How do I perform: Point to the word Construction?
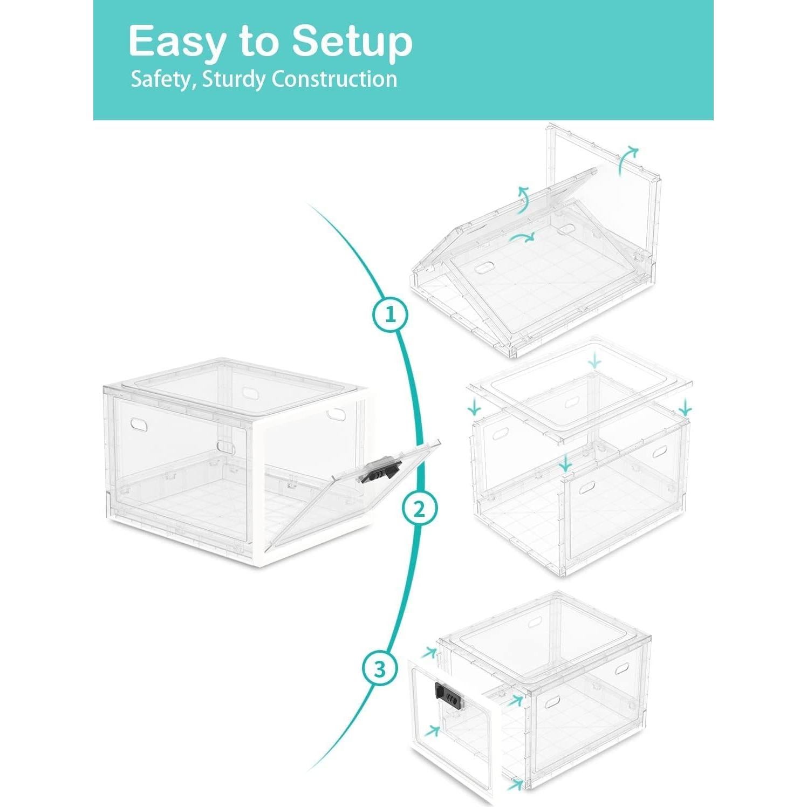coord(334,79)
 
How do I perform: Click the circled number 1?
coord(391,314)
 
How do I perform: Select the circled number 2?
coord(420,508)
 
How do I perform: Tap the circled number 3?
coord(380,669)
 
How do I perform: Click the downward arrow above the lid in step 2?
coord(594,360)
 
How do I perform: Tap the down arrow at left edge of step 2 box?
coord(475,406)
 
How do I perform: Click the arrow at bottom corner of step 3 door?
coord(516,783)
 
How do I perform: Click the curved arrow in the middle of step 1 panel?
coord(522,237)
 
